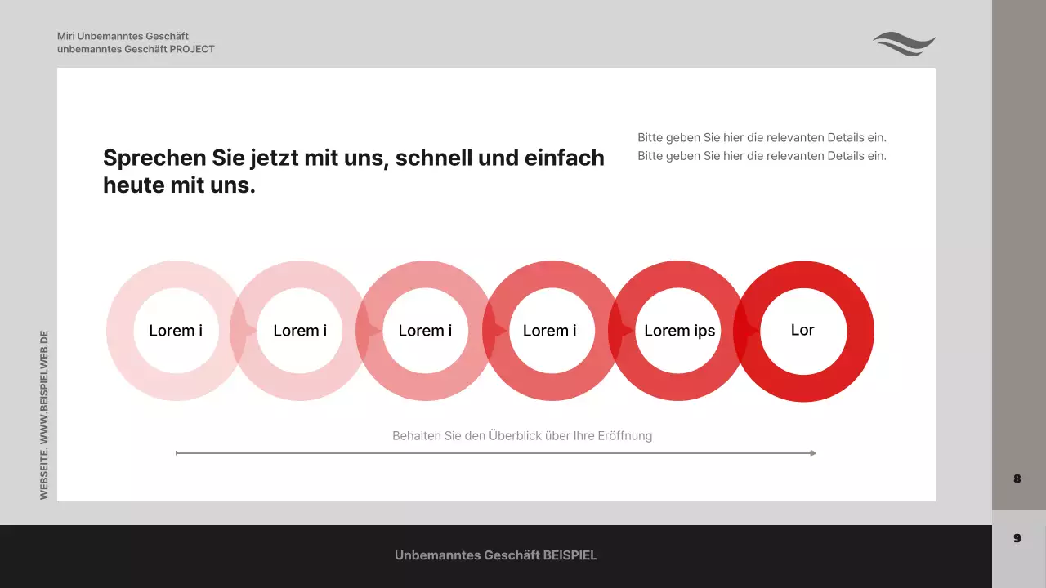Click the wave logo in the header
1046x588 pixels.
tap(904, 43)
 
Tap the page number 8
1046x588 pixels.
tap(1017, 479)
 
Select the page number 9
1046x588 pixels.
tap(1017, 538)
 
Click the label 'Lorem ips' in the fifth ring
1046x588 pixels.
tap(679, 331)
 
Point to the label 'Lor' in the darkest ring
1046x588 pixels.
tap(802, 330)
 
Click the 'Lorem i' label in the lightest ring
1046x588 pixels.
tap(176, 331)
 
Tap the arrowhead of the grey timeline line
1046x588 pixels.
tap(812, 452)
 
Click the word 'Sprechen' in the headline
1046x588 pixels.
tap(154, 158)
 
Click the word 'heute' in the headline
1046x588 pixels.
tap(131, 185)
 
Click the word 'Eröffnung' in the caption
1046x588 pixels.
tap(625, 436)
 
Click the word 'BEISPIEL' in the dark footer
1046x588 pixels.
tap(570, 555)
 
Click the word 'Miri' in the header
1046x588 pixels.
tap(65, 36)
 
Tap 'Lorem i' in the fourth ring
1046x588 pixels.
tap(549, 331)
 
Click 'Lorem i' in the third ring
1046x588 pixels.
tap(425, 331)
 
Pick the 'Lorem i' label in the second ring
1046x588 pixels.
tap(300, 331)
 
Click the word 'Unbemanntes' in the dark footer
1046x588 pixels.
tap(437, 555)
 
